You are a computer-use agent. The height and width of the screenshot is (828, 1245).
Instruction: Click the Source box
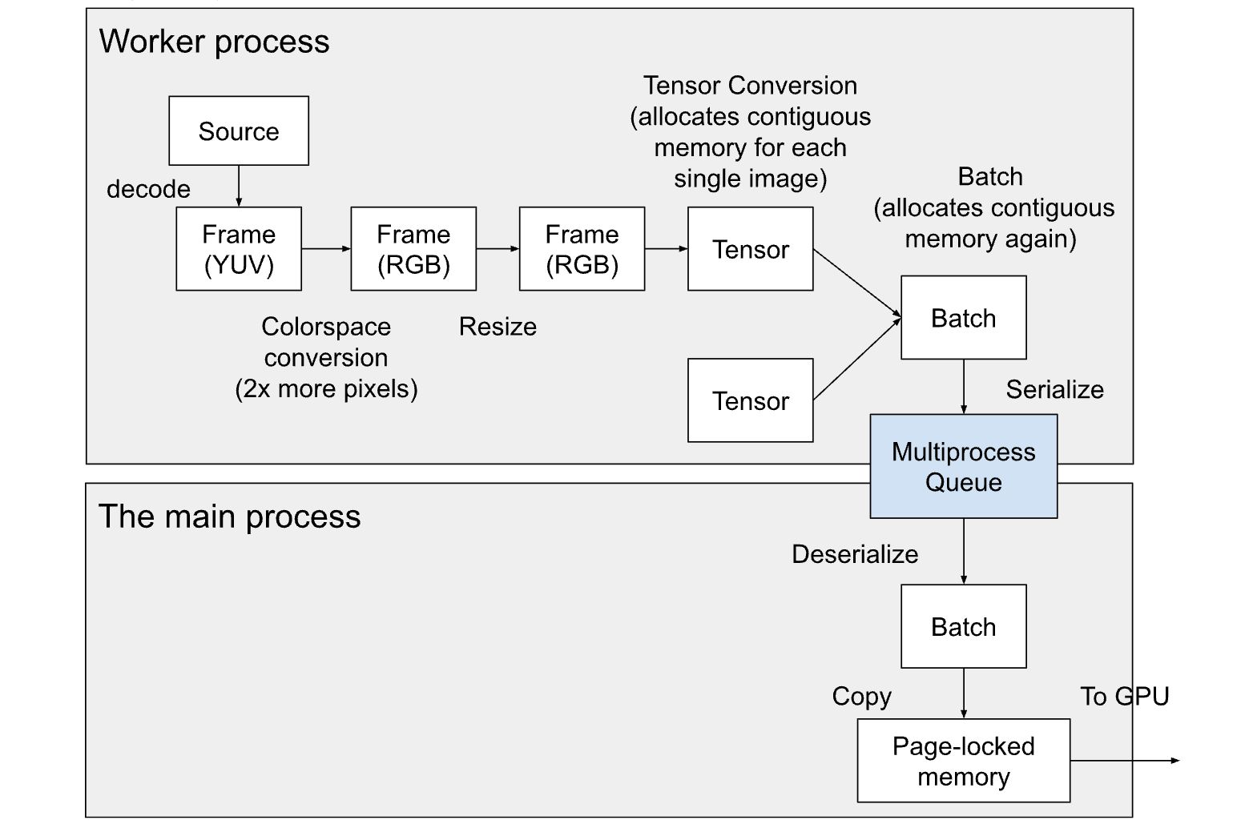[239, 131]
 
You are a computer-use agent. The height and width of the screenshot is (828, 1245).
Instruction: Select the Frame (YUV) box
[239, 249]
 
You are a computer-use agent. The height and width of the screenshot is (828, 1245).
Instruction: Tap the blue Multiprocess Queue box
[963, 466]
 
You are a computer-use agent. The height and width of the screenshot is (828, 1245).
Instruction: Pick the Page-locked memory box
[963, 761]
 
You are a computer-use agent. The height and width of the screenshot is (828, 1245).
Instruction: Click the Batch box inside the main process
[963, 626]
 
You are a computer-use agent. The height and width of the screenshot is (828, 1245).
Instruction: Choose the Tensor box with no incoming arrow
[750, 400]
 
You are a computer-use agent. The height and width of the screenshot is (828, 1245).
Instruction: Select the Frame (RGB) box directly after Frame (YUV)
[413, 249]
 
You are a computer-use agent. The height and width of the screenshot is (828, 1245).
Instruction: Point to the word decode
[148, 189]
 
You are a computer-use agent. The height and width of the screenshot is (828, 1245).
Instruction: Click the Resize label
[498, 327]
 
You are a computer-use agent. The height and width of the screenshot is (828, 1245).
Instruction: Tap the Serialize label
[1054, 389]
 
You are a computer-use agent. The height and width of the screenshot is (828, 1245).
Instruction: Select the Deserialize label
[855, 554]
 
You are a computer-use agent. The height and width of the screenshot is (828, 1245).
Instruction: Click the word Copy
[861, 696]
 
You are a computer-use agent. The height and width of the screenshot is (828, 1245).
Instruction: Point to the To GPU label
[1124, 696]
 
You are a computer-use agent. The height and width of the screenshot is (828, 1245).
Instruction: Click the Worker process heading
[214, 42]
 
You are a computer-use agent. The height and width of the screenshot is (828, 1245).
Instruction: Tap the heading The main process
[229, 516]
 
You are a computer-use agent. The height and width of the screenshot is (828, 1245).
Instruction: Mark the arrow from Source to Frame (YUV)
[239, 187]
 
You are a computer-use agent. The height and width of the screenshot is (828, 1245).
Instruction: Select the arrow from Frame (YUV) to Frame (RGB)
[326, 249]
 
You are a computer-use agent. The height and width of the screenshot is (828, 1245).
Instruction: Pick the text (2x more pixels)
[326, 389]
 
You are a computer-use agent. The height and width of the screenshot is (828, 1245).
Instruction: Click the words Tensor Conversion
[750, 86]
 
